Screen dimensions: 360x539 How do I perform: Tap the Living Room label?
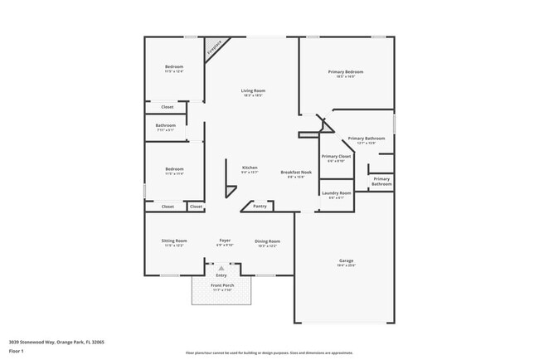coord(253,90)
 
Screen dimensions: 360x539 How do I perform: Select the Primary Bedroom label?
coord(347,72)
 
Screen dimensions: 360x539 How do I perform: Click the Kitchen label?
coord(250,168)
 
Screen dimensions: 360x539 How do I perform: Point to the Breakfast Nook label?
coord(296,172)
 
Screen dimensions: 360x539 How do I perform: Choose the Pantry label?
coord(260,206)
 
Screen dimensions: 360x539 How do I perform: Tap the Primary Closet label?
coord(336,156)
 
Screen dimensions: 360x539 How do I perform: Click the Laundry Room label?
coord(336,192)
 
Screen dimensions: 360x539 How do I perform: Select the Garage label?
coord(346,260)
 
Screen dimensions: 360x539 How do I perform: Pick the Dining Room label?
coord(267,241)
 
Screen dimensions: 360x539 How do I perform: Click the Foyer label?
coord(225,241)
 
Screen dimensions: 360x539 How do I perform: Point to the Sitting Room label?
coord(174,241)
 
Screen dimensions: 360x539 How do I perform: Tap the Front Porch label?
coord(223,285)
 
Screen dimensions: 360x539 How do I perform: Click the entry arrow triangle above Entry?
coord(221,269)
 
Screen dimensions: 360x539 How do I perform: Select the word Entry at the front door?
coord(221,275)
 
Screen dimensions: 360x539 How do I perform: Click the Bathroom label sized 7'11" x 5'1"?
coord(165,125)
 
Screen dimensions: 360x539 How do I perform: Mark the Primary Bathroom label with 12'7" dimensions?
coord(366,138)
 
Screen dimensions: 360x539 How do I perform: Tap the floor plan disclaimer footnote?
coord(269,353)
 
